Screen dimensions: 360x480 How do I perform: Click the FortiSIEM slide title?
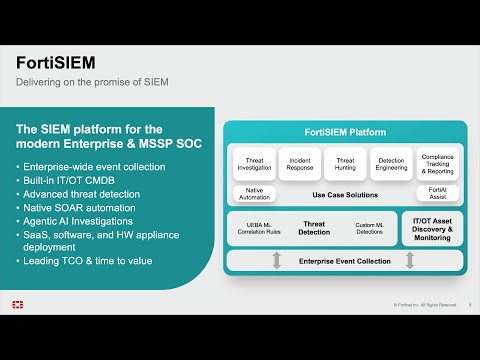pos(56,62)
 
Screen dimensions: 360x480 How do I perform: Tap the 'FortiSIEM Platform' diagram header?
pos(343,133)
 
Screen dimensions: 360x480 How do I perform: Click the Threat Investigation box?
pos(253,163)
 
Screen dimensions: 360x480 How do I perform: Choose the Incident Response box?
pos(299,163)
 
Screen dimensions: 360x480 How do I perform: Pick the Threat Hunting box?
pos(345,163)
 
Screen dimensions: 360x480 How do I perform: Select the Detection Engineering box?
pos(391,163)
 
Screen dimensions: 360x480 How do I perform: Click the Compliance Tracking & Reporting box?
pos(437,163)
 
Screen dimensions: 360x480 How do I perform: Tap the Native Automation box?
pos(253,194)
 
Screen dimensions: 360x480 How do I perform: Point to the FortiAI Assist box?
pos(437,194)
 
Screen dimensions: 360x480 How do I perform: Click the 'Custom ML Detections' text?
pos(370,229)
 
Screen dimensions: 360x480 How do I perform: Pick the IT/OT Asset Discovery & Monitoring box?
pos(432,229)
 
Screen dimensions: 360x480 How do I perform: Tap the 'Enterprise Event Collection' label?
pos(343,260)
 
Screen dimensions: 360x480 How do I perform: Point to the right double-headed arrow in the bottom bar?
pos(410,260)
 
